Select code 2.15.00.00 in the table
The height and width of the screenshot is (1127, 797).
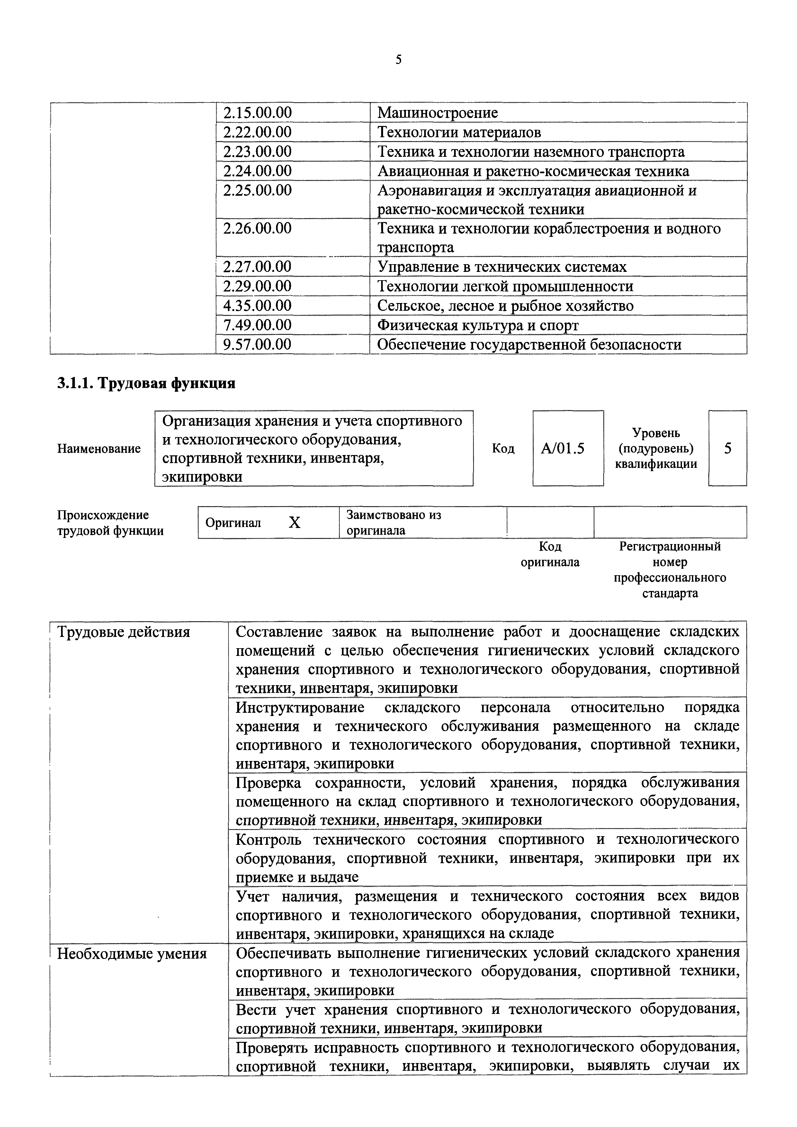(257, 113)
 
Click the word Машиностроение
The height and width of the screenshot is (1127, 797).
(437, 113)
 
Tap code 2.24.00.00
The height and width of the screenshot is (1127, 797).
(257, 171)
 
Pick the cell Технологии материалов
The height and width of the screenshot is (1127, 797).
(459, 132)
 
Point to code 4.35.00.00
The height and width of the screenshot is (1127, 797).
(257, 306)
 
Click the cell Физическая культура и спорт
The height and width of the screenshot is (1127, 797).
(478, 326)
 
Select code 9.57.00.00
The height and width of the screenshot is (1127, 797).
(257, 344)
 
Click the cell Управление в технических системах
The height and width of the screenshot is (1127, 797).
(502, 267)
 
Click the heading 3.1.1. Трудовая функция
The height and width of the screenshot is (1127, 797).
(146, 383)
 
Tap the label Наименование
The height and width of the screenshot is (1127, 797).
(99, 449)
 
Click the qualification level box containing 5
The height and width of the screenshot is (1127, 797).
(727, 449)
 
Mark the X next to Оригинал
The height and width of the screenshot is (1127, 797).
(294, 523)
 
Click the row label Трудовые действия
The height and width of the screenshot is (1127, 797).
(124, 632)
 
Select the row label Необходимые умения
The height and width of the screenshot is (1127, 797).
(132, 954)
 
